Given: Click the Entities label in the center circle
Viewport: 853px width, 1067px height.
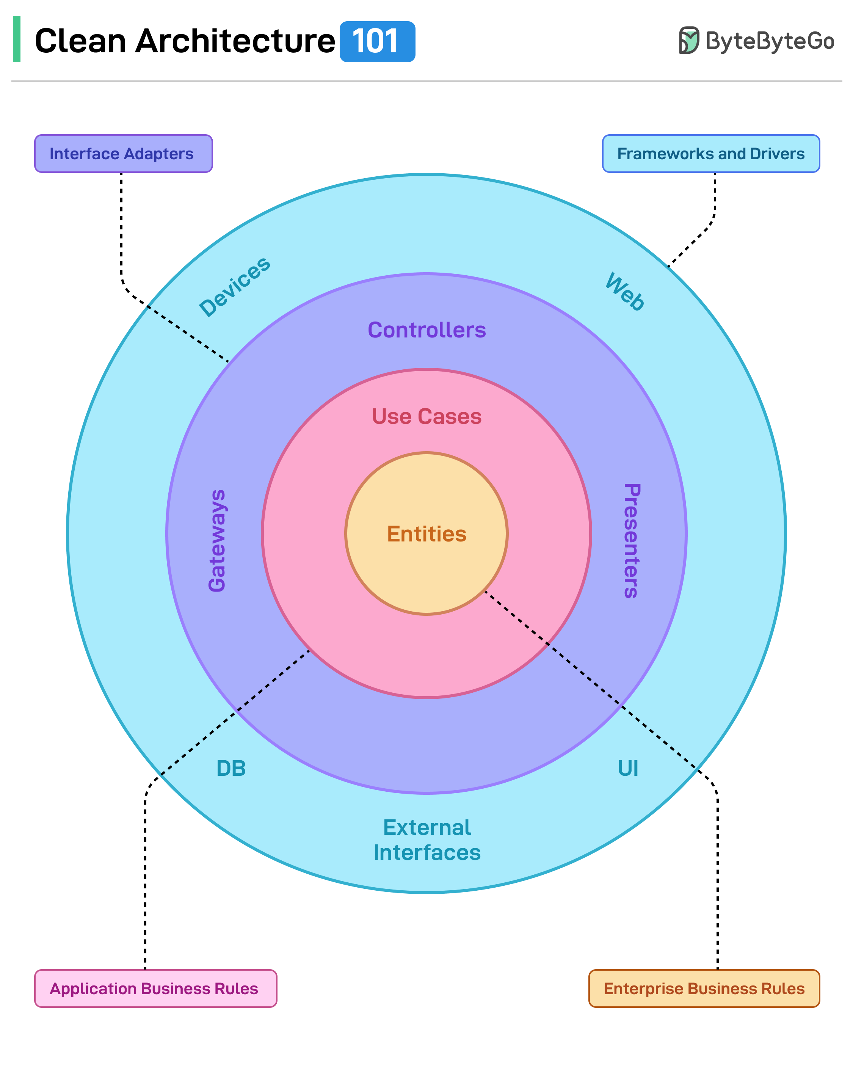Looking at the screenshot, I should (x=426, y=534).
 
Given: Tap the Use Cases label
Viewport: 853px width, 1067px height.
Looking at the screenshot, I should (x=426, y=417).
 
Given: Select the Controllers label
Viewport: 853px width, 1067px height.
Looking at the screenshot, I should (x=426, y=330).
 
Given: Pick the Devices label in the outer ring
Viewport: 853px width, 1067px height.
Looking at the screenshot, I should (x=235, y=287).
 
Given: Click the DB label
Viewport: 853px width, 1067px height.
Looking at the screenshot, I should (x=231, y=769).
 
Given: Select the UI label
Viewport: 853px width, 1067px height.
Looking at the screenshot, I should (x=627, y=769).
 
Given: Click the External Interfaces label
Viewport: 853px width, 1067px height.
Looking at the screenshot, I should (x=426, y=840).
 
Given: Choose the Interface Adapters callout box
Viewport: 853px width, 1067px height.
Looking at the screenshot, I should (x=123, y=154).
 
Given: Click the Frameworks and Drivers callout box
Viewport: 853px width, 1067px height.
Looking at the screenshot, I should (x=710, y=154).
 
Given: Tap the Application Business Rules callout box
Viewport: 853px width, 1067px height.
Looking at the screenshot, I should (x=155, y=988).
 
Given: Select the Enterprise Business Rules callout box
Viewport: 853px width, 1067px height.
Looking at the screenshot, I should (x=704, y=988).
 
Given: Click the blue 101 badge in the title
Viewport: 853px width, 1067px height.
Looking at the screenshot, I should (x=377, y=42).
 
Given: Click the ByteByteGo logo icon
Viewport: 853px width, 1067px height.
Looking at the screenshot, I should (x=688, y=40).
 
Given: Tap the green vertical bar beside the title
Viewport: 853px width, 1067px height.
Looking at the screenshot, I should (x=16, y=39).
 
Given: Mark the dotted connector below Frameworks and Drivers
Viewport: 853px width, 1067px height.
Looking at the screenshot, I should (x=715, y=208).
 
